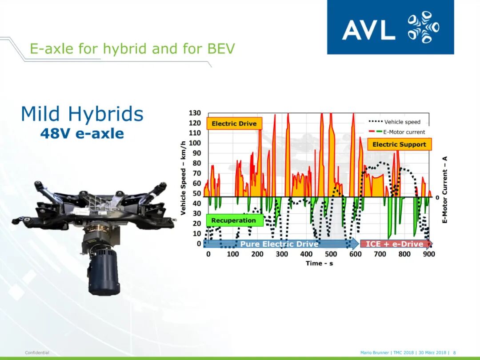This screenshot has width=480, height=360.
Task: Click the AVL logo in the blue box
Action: tap(390, 27)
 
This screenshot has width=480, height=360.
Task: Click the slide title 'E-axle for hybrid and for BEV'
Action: tap(132, 49)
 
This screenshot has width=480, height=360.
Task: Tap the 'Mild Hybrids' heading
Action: tap(82, 114)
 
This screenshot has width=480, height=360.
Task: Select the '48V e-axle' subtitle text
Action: tap(82, 133)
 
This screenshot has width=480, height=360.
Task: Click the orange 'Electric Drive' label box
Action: tap(234, 124)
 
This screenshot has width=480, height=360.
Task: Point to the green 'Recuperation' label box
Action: tap(235, 220)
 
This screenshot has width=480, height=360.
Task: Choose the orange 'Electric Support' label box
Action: tap(399, 144)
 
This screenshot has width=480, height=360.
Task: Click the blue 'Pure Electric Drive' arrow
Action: tap(281, 244)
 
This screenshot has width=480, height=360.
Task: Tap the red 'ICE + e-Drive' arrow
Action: tap(396, 244)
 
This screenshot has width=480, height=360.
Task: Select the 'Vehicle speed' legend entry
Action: tap(395, 122)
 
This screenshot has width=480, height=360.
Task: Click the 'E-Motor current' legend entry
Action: tap(397, 132)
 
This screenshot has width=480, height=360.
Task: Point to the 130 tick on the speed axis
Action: tap(195, 113)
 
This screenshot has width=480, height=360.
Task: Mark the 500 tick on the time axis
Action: tap(331, 254)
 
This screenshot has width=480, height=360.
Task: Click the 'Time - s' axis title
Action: tap(319, 263)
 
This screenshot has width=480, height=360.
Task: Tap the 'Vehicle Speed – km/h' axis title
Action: tap(183, 178)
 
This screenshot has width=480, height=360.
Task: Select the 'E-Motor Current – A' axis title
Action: tap(445, 190)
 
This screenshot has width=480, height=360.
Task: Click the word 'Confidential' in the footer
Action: tap(37, 352)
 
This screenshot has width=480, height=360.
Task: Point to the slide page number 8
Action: tap(455, 352)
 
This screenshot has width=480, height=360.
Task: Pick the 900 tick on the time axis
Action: tap(429, 254)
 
